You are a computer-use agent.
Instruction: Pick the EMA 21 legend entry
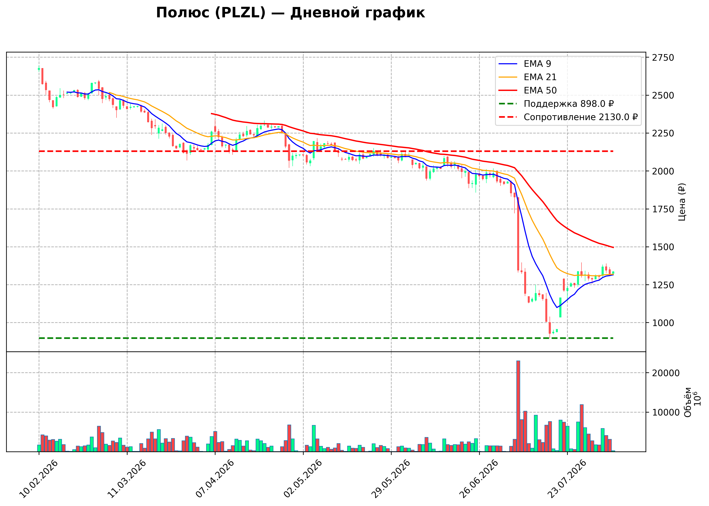[x=527, y=77]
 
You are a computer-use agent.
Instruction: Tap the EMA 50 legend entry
[x=527, y=90]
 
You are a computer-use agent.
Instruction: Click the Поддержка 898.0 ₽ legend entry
[x=556, y=104]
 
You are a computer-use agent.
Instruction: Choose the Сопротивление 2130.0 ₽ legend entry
[x=568, y=117]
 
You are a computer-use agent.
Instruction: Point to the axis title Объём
[x=688, y=402]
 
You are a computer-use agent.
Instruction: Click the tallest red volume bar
[x=518, y=406]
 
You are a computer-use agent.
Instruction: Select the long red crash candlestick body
[x=518, y=234]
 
